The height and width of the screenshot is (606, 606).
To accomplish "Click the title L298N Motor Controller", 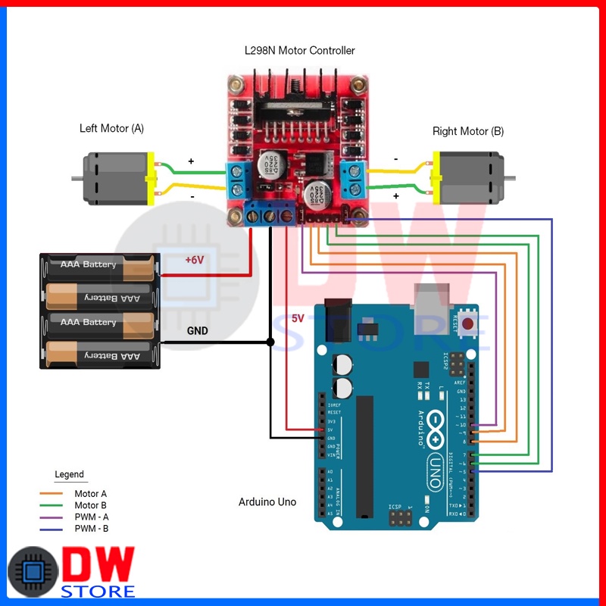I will (299, 51).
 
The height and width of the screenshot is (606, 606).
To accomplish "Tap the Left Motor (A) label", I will (111, 129).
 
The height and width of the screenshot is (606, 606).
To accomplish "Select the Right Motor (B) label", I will (467, 132).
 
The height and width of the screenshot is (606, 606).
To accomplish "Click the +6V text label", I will (195, 260).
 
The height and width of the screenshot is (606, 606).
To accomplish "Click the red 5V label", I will (298, 318).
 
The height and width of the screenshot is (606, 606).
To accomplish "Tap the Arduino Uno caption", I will (267, 502).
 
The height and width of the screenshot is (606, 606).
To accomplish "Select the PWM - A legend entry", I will (91, 517).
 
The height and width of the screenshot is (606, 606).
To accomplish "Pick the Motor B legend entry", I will (91, 505).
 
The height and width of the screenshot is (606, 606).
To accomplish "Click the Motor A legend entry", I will (91, 494).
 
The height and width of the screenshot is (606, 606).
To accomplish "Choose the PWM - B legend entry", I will (91, 528).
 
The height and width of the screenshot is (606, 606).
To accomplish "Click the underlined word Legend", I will (70, 475).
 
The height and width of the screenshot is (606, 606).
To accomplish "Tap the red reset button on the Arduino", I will (468, 323).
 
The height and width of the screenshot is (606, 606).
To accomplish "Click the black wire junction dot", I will (270, 342).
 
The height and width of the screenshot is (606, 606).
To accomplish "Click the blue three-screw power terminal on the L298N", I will (270, 215).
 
